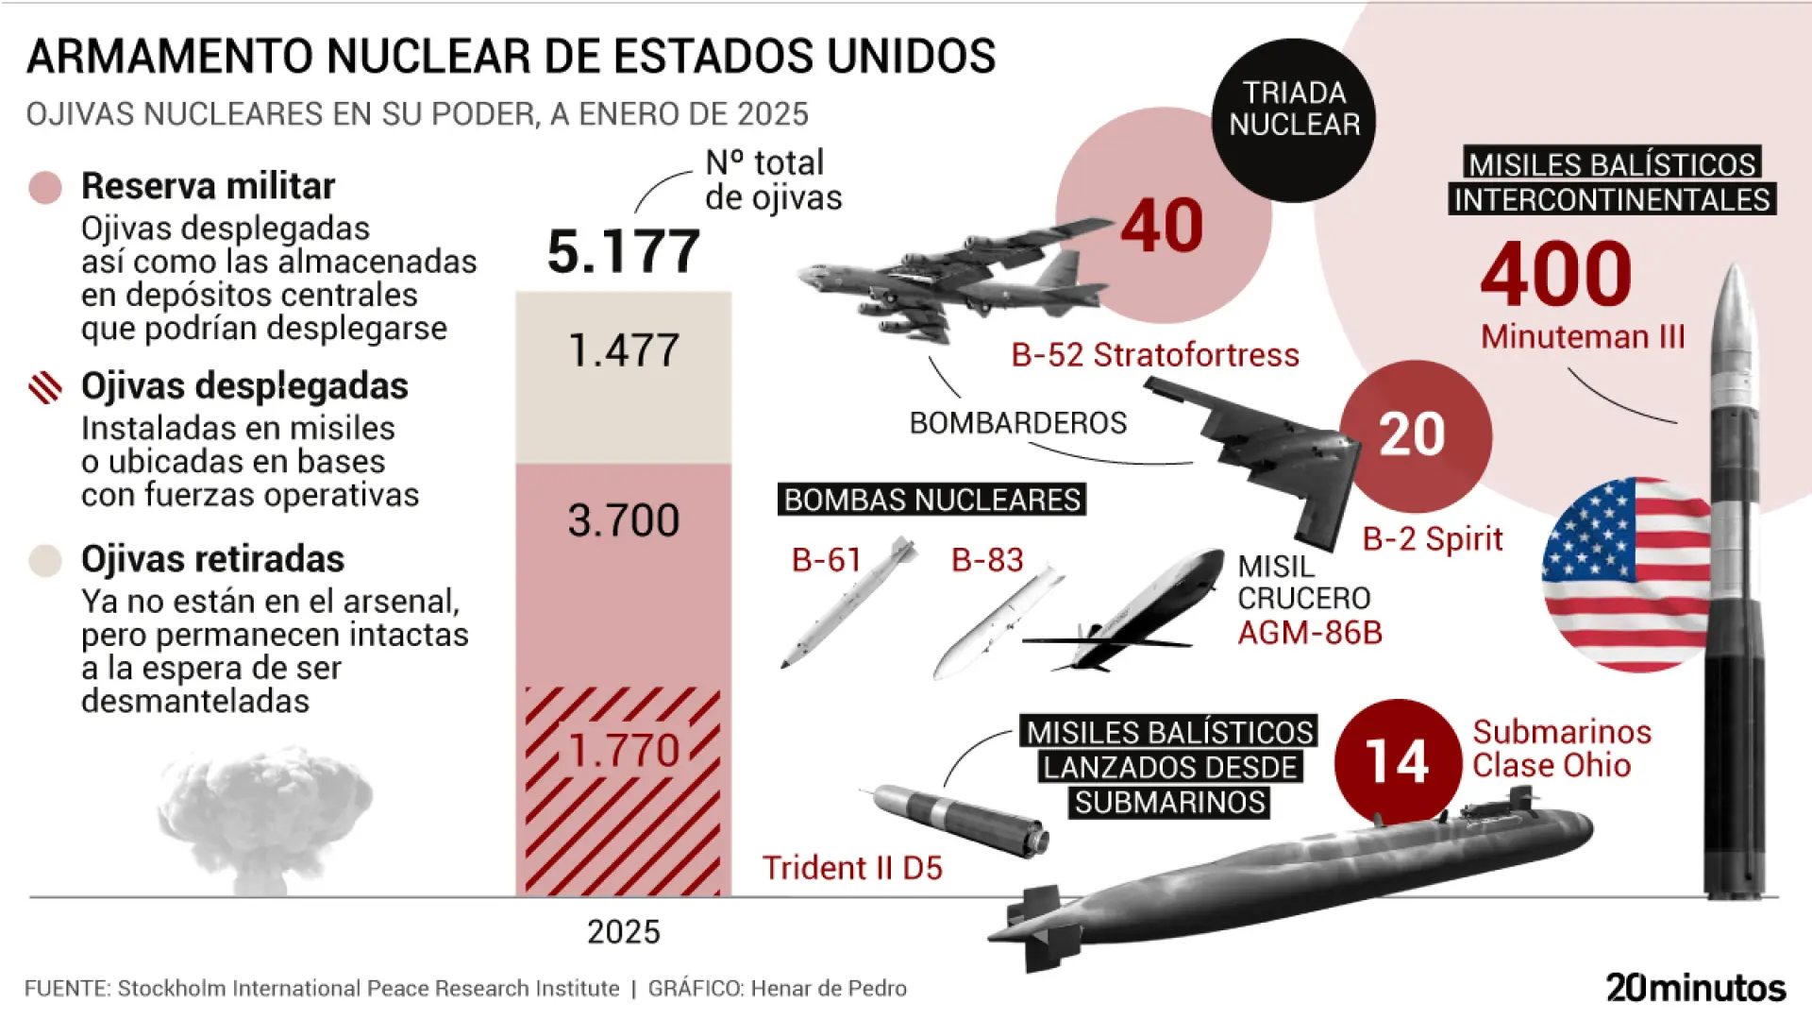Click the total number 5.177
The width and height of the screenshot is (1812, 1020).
(624, 252)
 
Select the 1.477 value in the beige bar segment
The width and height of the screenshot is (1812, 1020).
(624, 350)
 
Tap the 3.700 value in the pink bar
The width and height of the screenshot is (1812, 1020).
(624, 520)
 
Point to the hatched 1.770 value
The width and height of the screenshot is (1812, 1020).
(624, 751)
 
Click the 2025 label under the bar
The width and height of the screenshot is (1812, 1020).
(624, 932)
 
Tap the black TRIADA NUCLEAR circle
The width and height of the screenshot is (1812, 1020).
(1294, 120)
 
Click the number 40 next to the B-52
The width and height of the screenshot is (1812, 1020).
(1162, 227)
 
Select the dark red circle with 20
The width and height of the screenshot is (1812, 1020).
(1413, 435)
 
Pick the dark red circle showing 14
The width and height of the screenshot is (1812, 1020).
(1398, 761)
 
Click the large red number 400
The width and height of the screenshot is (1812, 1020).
(1556, 274)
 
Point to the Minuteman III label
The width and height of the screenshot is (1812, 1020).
(1583, 337)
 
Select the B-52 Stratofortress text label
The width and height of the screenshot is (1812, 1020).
(1155, 355)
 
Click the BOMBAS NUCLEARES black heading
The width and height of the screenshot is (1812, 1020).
(931, 500)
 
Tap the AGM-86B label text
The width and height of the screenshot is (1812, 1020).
(1310, 633)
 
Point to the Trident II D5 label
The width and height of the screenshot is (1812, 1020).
(852, 868)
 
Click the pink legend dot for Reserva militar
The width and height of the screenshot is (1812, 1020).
(45, 187)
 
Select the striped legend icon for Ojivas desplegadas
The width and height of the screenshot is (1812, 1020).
(45, 387)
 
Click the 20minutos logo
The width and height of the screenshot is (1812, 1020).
(1696, 988)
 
